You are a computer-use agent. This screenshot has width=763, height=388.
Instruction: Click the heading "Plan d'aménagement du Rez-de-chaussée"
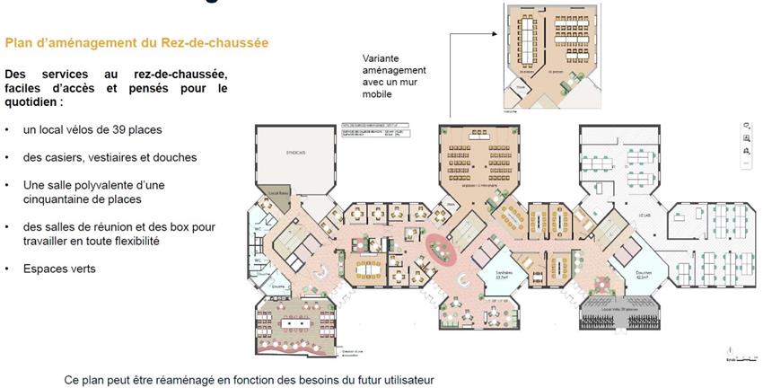coord(136,42)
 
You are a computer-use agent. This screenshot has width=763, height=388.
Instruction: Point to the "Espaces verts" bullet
coord(60,269)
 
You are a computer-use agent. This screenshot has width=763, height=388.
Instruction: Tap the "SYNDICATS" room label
coord(297,152)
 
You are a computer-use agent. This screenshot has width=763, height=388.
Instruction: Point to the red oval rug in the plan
coord(440,247)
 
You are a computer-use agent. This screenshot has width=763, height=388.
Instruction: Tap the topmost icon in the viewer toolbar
coord(746,127)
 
